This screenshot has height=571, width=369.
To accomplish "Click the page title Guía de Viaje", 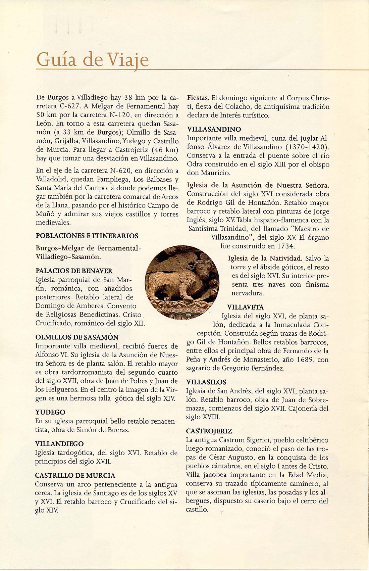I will click(92, 60).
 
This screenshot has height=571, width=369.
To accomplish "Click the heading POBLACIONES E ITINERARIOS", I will click(87, 236).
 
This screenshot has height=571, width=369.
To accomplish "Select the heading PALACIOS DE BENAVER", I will click(74, 271).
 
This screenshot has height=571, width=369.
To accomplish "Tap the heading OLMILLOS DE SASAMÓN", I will click(77, 337).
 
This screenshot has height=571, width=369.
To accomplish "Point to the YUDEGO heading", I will click(50, 412).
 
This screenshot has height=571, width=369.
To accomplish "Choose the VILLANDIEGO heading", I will click(59, 444).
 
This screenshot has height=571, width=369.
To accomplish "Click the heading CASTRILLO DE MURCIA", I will click(75, 475).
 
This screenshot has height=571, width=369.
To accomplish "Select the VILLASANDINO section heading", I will click(214, 129).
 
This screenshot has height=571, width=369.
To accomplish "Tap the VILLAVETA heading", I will click(245, 307).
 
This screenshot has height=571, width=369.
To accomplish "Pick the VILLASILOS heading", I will click(206, 382).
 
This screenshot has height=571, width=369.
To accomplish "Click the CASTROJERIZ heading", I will click(209, 431).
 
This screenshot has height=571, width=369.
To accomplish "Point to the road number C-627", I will click(70, 106).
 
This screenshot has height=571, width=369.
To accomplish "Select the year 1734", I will click(285, 246).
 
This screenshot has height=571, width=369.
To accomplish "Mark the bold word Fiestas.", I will click(198, 98).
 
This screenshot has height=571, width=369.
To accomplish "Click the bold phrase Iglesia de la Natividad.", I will click(265, 258).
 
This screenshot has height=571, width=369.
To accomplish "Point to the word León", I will click(44, 124).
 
